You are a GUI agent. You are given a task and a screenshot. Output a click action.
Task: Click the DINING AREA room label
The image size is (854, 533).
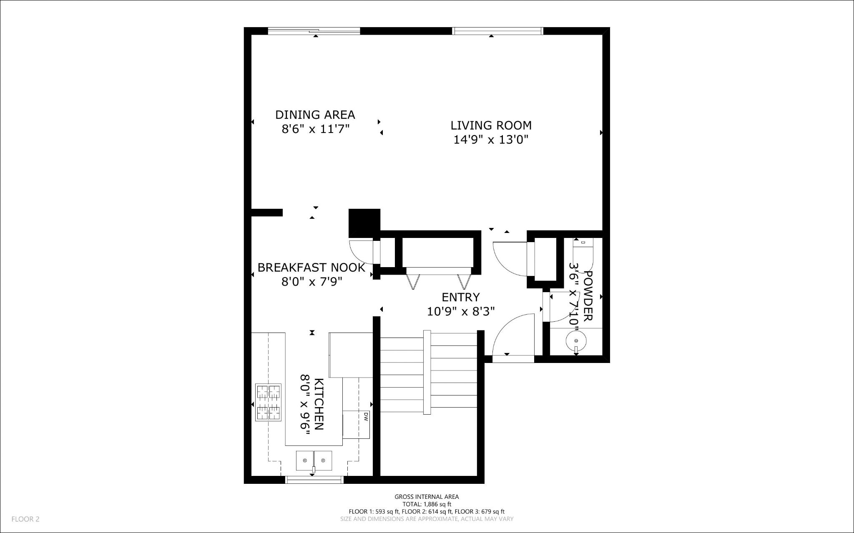(x=315, y=114)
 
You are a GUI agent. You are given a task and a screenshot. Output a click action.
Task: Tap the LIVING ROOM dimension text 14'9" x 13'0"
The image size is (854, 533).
(x=491, y=140)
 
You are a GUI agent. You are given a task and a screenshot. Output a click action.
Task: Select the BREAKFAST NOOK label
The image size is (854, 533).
(x=311, y=268)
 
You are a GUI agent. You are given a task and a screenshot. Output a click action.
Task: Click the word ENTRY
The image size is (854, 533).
(x=461, y=297)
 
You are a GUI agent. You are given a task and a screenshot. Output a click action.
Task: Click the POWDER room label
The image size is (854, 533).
(x=588, y=296)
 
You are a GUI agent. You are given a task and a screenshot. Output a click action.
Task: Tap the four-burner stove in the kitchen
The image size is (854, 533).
(x=268, y=403)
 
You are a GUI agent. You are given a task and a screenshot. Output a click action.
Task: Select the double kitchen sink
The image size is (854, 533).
(x=314, y=460)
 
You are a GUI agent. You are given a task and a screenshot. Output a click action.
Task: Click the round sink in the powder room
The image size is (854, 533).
(x=576, y=341)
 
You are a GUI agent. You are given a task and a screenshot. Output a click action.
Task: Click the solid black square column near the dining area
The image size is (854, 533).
(x=364, y=222)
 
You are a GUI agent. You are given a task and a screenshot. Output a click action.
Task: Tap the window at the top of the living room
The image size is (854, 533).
(x=498, y=31)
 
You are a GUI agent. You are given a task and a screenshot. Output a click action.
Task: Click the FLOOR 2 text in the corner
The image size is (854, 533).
(x=25, y=519)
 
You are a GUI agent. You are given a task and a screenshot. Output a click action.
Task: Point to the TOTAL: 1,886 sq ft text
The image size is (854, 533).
(x=427, y=504)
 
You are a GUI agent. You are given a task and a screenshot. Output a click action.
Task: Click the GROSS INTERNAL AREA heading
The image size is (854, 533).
(x=427, y=497)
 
